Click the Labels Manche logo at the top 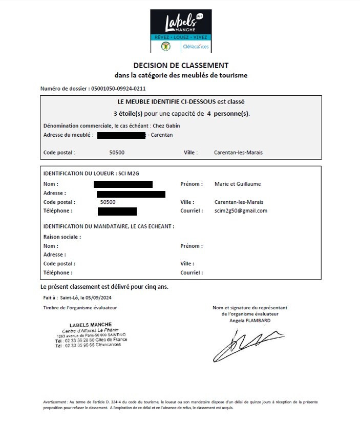(x=180, y=31)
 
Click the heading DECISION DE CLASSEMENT (x=181, y=65)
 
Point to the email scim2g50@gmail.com (x=241, y=210)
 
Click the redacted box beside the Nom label (x=123, y=184)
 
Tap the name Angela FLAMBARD (x=250, y=321)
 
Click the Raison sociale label (x=62, y=237)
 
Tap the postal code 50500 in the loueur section (x=108, y=202)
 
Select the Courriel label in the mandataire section (x=192, y=272)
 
